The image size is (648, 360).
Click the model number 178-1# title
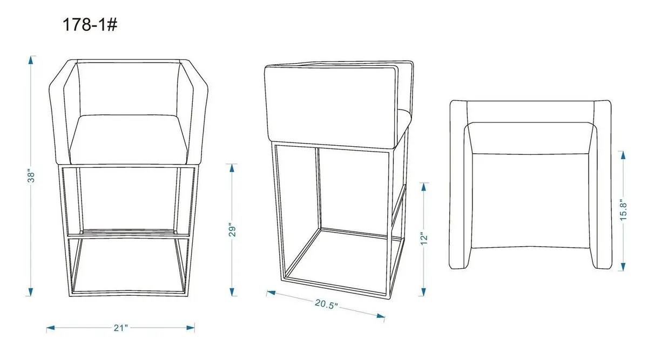click(90, 25)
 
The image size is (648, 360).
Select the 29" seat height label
click(232, 229)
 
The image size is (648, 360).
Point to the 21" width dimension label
click(120, 328)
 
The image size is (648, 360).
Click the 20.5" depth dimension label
click(326, 304)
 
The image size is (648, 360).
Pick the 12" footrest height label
click(423, 239)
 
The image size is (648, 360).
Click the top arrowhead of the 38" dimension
click(31, 60)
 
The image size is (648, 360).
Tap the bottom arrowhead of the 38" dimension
click(31, 292)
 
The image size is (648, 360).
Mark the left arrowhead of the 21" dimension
click(51, 328)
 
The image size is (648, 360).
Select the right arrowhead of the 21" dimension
click(190, 328)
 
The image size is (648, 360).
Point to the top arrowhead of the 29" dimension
click(232, 168)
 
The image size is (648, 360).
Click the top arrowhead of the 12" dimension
click(424, 187)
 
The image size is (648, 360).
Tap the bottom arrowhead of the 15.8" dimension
click(623, 267)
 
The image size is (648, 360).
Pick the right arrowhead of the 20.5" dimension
click(381, 316)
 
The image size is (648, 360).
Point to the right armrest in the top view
click(603, 185)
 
